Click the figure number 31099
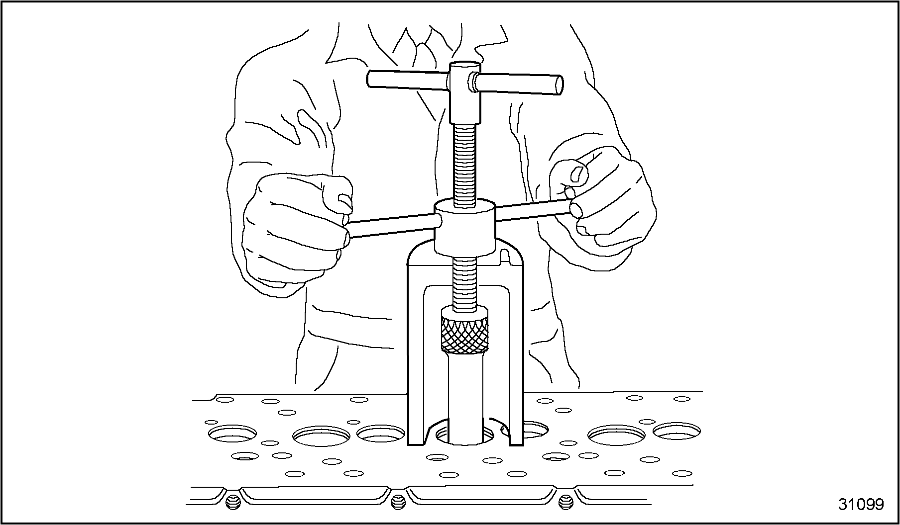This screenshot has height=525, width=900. [x=861, y=504]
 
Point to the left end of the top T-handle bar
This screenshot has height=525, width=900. [x=371, y=79]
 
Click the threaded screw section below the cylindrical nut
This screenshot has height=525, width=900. [x=465, y=281]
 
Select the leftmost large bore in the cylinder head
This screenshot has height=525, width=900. [x=233, y=434]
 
